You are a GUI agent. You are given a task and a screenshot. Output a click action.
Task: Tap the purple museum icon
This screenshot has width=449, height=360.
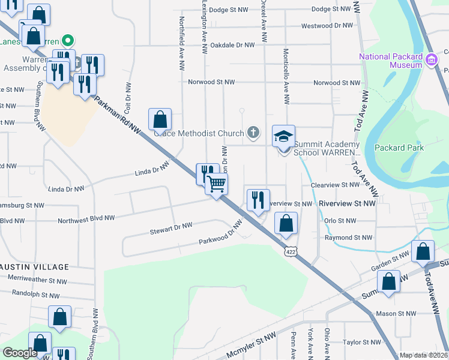pos(430,60)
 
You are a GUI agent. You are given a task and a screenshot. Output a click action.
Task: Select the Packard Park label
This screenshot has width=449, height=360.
pos(399,148)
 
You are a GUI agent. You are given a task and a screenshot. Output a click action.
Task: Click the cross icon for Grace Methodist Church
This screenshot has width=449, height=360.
pos(253,133)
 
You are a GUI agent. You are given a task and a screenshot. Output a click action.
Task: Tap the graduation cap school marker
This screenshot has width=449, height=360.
pos(284,136)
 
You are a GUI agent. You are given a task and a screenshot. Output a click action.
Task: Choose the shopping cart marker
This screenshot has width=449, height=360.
pos(217,183)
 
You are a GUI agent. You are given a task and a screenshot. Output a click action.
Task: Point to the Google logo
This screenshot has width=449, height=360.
pos(20,353)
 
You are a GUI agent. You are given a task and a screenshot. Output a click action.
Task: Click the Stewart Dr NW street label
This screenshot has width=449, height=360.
pos(171,227)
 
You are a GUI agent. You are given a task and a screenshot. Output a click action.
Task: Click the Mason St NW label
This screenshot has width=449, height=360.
pos(397,313)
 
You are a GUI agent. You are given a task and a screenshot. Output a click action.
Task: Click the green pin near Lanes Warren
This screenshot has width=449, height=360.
pos(68,41)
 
